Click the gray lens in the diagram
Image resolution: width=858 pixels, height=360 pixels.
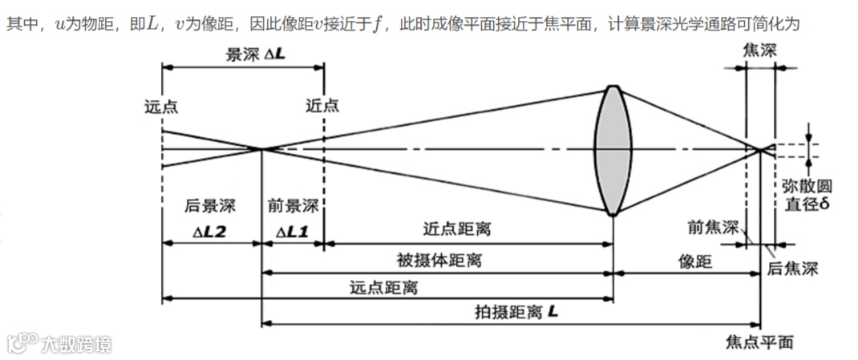click(611, 151)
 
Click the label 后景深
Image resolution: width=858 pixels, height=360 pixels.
click(203, 206)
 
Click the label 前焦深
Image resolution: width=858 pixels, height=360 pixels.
click(712, 228)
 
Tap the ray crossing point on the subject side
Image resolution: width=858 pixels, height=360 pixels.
click(262, 148)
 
